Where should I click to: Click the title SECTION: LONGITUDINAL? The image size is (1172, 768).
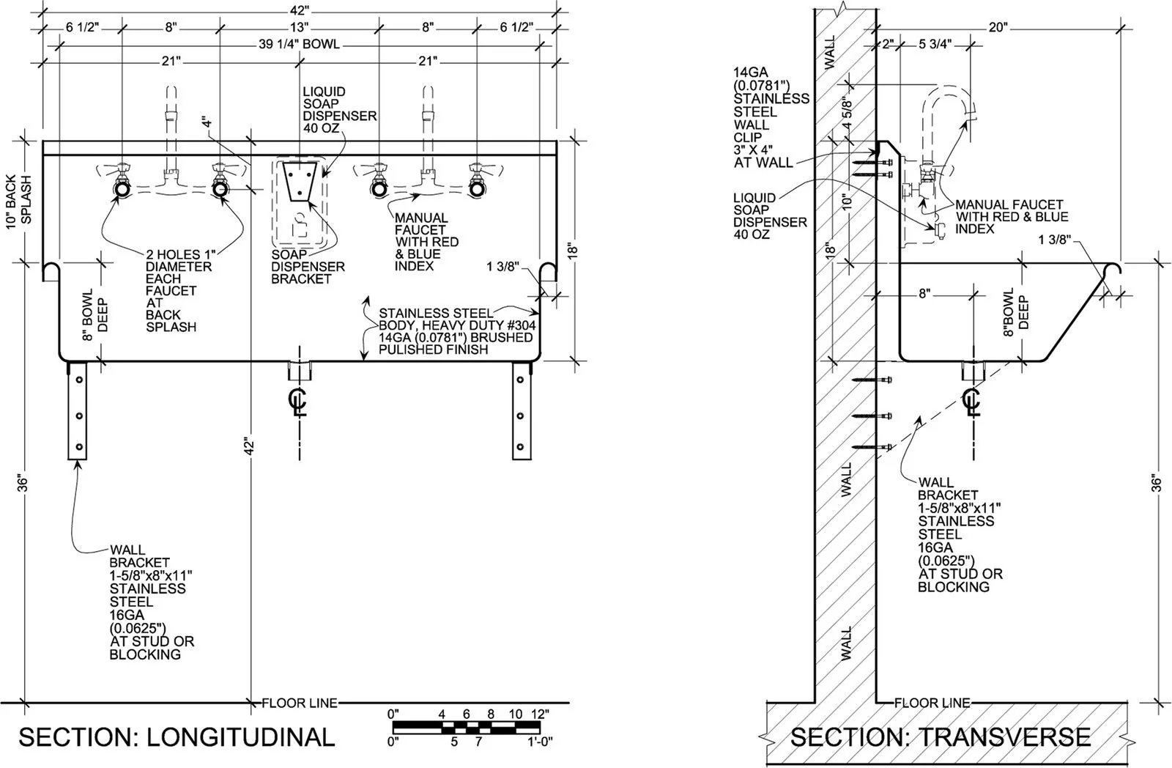(176, 736)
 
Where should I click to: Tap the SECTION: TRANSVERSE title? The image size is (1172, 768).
(940, 736)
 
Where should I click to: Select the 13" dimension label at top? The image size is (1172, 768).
(299, 27)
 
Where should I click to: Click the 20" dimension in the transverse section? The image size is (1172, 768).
(998, 27)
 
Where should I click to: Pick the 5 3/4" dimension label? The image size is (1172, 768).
(935, 44)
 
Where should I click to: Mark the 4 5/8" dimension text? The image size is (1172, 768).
(848, 114)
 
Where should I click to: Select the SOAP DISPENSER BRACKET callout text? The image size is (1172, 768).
(308, 267)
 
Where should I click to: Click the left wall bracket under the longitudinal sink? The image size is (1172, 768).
(77, 410)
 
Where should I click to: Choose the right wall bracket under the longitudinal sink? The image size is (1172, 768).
(521, 410)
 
